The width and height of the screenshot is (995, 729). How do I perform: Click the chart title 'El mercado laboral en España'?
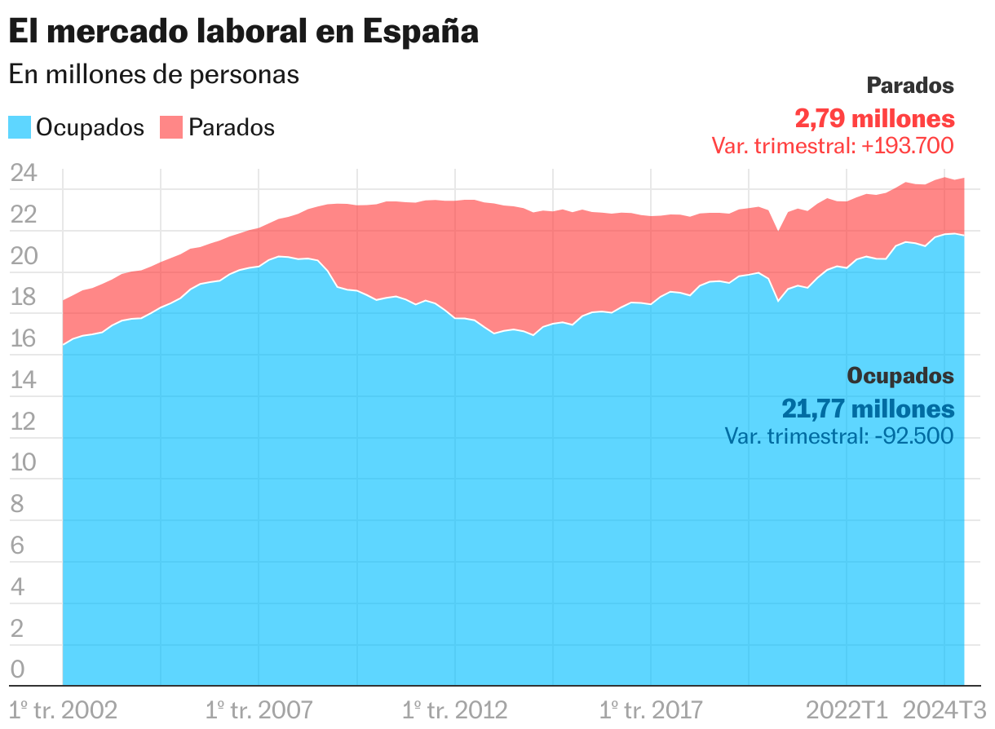243,32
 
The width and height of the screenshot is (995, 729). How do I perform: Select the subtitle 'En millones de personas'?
154,74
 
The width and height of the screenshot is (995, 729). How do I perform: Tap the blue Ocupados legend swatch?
20,127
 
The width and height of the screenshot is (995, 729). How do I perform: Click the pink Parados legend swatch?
170,127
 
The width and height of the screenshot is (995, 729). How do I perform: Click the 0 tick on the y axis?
18,669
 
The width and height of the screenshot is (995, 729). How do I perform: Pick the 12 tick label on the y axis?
24,422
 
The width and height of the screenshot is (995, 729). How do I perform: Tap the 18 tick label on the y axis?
24,298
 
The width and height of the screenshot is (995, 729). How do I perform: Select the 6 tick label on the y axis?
18,546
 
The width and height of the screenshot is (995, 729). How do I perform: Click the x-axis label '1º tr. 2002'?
64,709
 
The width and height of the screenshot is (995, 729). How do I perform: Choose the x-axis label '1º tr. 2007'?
259,709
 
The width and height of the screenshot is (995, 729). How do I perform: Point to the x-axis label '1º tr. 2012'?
455,709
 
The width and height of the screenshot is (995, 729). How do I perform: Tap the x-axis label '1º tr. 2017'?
651,709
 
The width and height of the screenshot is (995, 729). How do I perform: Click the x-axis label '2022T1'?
847,709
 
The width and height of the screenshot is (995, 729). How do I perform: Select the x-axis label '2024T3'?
946,709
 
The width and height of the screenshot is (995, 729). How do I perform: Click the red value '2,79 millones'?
874,119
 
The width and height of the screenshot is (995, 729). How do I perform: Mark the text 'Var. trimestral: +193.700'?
832,146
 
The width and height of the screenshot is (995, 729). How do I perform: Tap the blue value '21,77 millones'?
868,409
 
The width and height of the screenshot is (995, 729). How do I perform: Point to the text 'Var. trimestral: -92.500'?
838,436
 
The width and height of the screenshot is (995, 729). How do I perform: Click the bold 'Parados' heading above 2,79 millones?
909,86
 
